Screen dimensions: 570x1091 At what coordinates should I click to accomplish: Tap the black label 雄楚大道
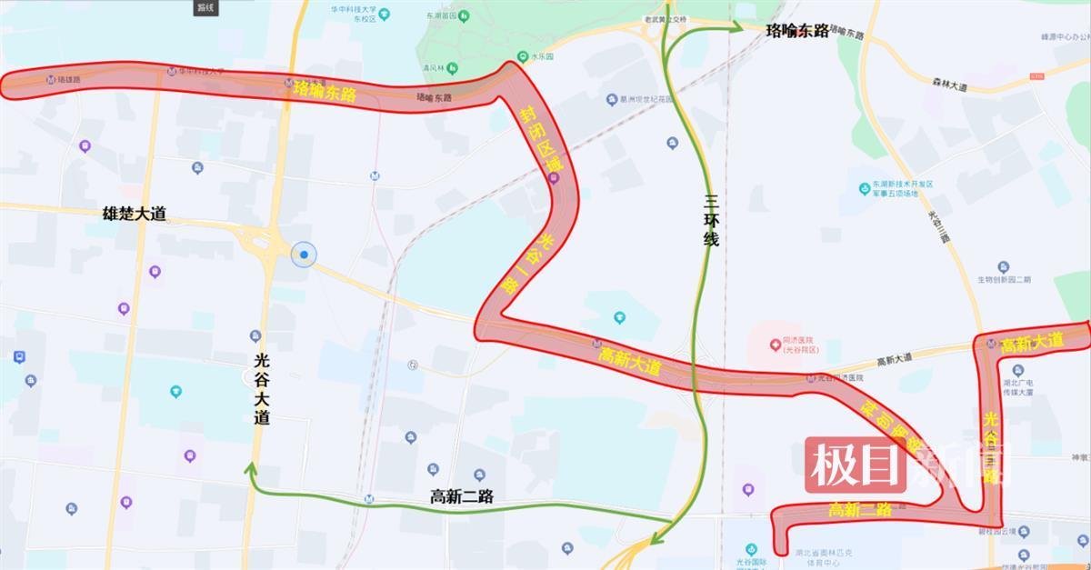[135, 215]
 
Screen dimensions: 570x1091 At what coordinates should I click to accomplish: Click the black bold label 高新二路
[461, 496]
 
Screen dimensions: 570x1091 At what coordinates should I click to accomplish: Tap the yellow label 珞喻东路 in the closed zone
[325, 90]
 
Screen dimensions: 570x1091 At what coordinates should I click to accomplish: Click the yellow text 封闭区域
[542, 143]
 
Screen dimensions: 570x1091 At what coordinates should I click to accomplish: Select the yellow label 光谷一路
[527, 264]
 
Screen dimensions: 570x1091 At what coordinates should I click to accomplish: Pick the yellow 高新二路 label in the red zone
[859, 510]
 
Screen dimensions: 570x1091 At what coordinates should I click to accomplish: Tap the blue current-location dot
[305, 255]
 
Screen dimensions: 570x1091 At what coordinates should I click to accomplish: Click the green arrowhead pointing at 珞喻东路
[738, 28]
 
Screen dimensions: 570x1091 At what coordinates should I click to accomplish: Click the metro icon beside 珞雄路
[49, 80]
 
